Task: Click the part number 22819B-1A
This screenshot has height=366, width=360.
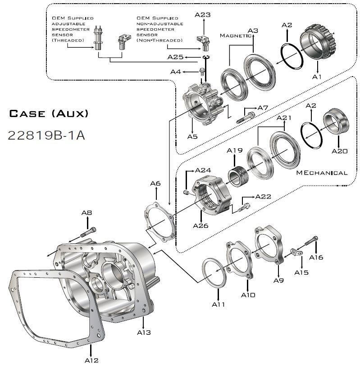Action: click(x=46, y=135)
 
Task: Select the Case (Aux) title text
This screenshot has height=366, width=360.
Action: click(x=49, y=114)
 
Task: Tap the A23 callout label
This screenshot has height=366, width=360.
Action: click(x=203, y=15)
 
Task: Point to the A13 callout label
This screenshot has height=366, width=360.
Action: click(x=144, y=332)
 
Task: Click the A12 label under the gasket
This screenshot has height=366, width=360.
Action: click(x=91, y=361)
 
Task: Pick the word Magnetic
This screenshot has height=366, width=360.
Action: click(x=236, y=36)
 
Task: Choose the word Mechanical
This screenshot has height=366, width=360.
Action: click(x=322, y=173)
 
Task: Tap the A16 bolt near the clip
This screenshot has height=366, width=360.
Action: click(x=311, y=241)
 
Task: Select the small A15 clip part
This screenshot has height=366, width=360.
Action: click(x=296, y=252)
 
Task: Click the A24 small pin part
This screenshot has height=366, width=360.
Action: click(x=186, y=193)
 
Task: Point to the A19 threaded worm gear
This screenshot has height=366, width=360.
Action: click(x=238, y=176)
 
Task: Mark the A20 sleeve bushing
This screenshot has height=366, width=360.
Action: click(x=336, y=121)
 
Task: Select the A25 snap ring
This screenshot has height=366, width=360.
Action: click(x=206, y=57)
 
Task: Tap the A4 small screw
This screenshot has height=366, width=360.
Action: click(x=201, y=72)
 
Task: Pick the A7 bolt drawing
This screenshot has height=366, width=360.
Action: click(x=245, y=117)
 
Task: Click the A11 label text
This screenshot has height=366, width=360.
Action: click(x=219, y=304)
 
